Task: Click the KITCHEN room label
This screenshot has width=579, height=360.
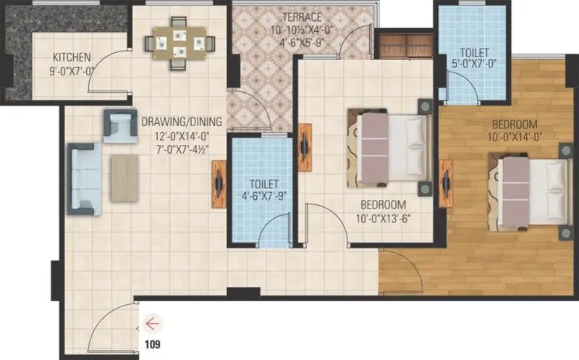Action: [71, 57]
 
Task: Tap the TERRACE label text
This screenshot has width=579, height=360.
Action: [302, 17]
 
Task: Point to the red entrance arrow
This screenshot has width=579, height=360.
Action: [153, 322]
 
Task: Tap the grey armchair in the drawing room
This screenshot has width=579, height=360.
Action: [119, 125]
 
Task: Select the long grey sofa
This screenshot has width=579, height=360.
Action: [84, 178]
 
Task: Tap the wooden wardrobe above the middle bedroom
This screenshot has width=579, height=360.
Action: [405, 46]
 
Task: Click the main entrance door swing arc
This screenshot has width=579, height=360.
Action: [116, 319]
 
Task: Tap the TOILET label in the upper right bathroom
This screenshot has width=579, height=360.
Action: [474, 53]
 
